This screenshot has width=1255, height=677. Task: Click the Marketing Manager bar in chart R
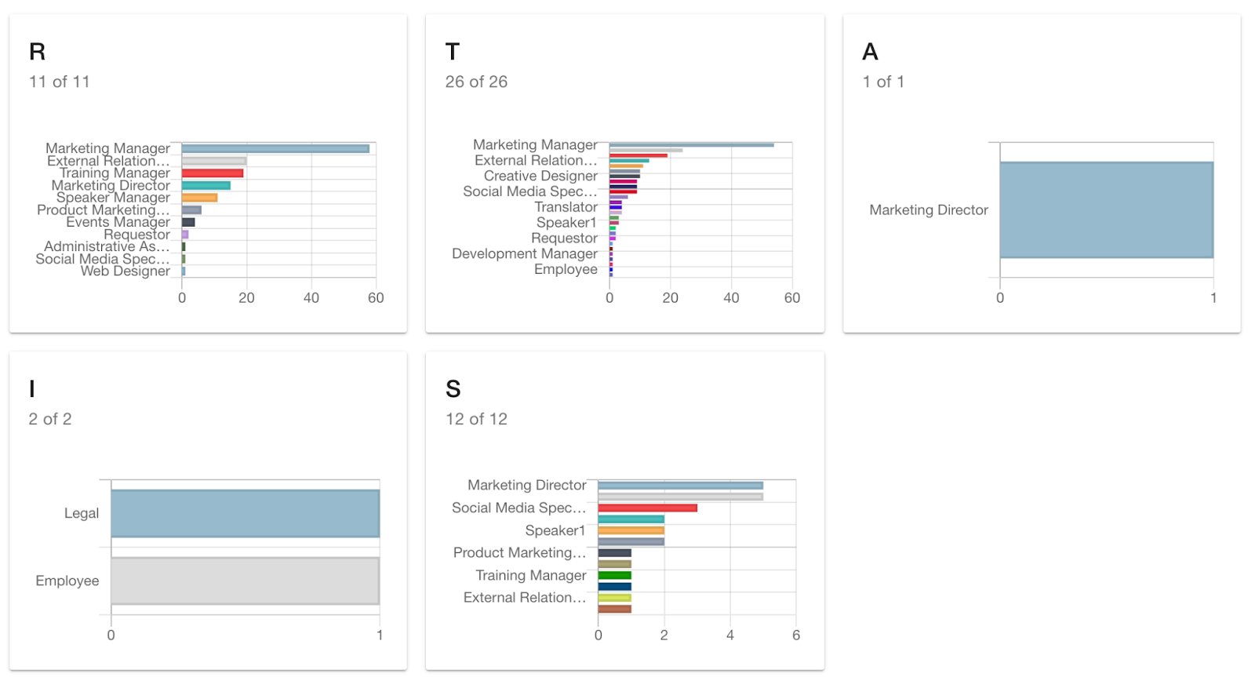pyautogui.click(x=275, y=148)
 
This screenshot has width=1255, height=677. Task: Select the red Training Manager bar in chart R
pyautogui.click(x=213, y=173)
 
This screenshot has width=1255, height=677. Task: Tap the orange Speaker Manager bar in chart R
pyautogui.click(x=199, y=198)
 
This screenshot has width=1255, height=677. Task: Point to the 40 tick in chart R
pyautogui.click(x=311, y=298)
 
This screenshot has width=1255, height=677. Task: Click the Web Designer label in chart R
pyautogui.click(x=125, y=271)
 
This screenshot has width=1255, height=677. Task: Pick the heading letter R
pyautogui.click(x=38, y=52)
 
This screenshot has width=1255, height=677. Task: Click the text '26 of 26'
pyautogui.click(x=476, y=82)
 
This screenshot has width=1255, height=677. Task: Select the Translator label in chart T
pyautogui.click(x=566, y=207)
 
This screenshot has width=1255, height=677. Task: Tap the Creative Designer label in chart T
pyautogui.click(x=540, y=176)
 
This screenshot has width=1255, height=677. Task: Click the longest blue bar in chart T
pyautogui.click(x=691, y=144)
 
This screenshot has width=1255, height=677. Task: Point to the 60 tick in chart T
pyautogui.click(x=792, y=298)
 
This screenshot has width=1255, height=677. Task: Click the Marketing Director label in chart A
pyautogui.click(x=929, y=210)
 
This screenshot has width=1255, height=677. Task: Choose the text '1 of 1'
pyautogui.click(x=883, y=82)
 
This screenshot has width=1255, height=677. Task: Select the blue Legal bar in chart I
pyautogui.click(x=245, y=514)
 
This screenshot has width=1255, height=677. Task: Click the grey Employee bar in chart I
pyautogui.click(x=245, y=581)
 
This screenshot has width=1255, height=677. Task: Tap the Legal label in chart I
pyautogui.click(x=82, y=513)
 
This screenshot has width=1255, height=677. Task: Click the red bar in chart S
pyautogui.click(x=647, y=508)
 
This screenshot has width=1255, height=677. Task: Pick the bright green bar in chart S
pyautogui.click(x=614, y=576)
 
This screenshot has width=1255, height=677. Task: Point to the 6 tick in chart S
pyautogui.click(x=796, y=635)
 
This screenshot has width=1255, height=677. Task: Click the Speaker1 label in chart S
pyautogui.click(x=555, y=530)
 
